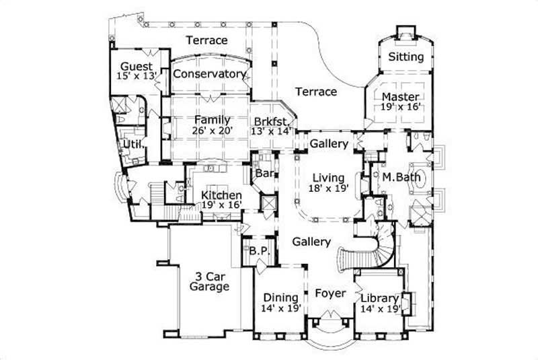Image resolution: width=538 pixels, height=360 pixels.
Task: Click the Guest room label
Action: [x=137, y=66]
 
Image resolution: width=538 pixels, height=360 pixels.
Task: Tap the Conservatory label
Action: [x=209, y=73]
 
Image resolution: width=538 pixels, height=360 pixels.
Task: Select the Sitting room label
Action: [x=406, y=57]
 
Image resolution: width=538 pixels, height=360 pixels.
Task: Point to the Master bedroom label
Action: [x=401, y=96]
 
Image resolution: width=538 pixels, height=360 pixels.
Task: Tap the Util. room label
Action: [x=130, y=145]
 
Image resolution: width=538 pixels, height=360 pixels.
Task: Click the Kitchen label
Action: [x=221, y=195]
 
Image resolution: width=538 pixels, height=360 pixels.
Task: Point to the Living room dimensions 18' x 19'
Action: [x=330, y=189]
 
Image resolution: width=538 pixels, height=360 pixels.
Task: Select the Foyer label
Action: [x=330, y=293]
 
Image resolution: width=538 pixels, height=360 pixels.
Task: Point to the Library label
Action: [x=380, y=297]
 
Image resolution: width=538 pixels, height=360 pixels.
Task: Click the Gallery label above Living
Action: [x=329, y=144]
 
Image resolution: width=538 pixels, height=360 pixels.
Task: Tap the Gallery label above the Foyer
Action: [x=311, y=242]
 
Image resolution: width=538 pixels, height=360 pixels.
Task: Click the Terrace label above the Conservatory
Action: [x=206, y=40]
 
